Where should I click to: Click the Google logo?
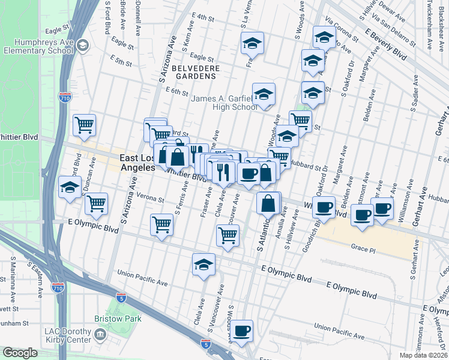[20, 353]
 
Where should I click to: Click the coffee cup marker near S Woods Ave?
[242, 331]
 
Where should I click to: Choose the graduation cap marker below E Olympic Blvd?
[203, 264]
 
